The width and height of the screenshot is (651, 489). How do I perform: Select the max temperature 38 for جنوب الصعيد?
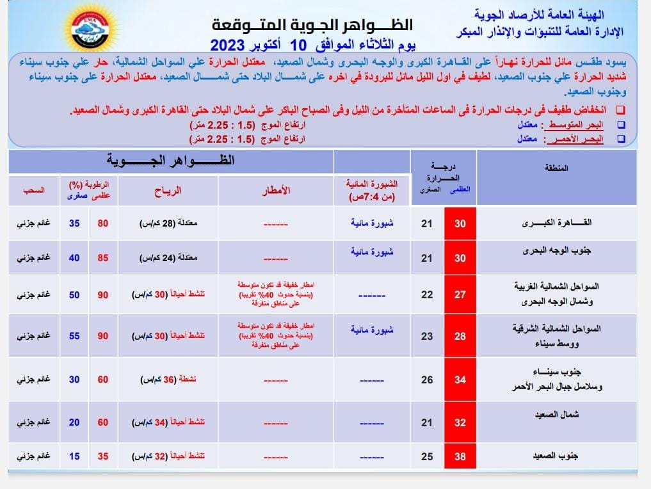pyautogui.click(x=460, y=456)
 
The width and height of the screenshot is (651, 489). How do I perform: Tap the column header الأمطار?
pyautogui.click(x=277, y=190)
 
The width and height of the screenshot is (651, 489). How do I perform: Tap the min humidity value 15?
pyautogui.click(x=75, y=456)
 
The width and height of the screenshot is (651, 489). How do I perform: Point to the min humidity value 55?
pyautogui.click(x=75, y=335)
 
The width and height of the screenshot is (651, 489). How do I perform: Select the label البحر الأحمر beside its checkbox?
pyautogui.click(x=573, y=138)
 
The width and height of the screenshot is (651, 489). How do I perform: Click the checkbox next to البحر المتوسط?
pyautogui.click(x=620, y=125)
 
